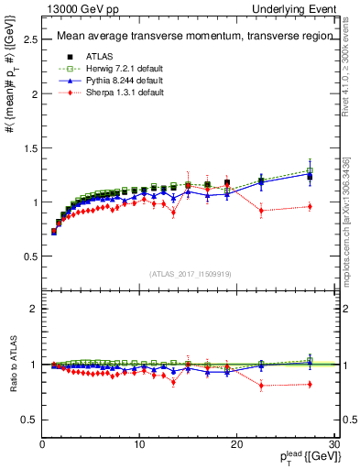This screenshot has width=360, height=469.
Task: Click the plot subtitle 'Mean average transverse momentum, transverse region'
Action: [x=189, y=38]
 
